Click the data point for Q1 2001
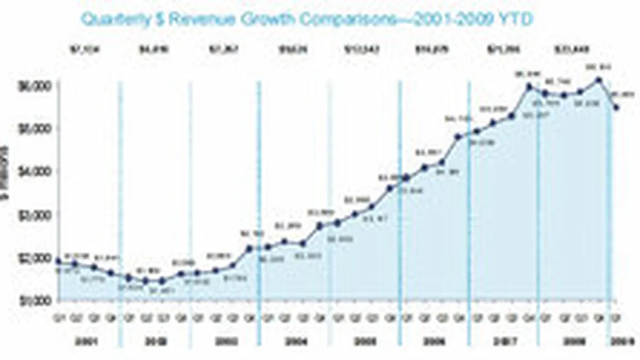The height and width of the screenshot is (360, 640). click(59, 261)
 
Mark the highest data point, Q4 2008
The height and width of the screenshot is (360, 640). click(599, 81)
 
